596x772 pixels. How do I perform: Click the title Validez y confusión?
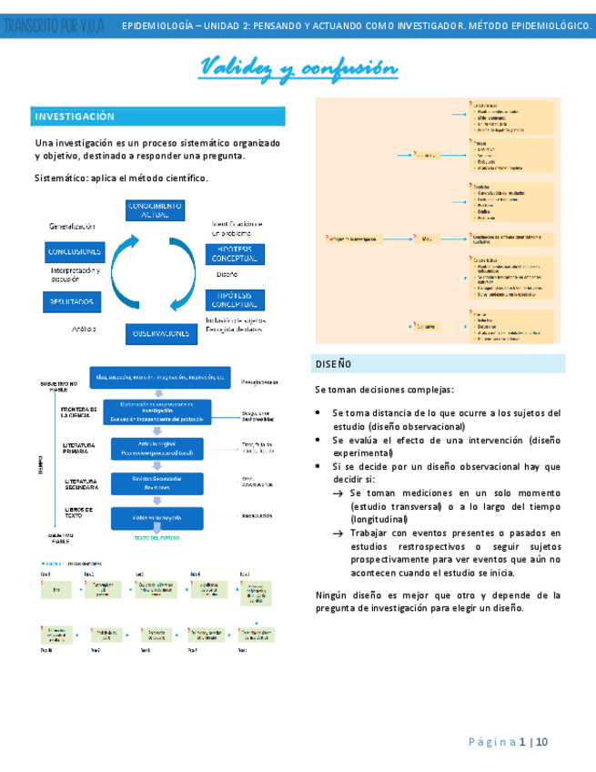point(298,68)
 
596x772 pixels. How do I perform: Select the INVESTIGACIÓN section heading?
point(75,117)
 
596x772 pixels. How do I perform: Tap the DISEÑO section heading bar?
point(333,363)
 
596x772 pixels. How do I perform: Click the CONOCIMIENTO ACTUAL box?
point(155,209)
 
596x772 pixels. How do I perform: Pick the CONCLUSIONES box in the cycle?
point(74,251)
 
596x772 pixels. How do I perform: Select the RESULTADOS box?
point(72,300)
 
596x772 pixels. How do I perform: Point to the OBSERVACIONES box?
point(160,334)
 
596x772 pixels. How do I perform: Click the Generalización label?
point(72,226)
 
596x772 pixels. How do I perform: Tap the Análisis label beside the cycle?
point(84,329)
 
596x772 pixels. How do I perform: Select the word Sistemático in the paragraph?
point(58,178)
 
